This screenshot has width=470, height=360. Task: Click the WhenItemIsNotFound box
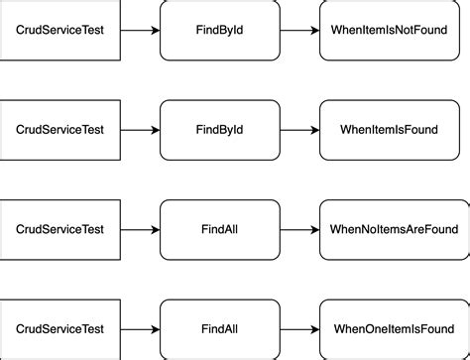[x=393, y=31]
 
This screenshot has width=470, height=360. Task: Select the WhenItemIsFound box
[x=393, y=130]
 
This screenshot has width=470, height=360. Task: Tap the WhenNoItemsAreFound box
[x=393, y=229]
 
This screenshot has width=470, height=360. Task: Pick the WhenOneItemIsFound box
[x=393, y=328]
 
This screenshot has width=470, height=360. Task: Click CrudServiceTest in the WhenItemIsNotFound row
[x=59, y=31]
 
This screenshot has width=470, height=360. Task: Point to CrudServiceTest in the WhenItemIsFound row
[x=59, y=130]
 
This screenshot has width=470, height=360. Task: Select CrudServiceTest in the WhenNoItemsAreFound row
[x=59, y=229]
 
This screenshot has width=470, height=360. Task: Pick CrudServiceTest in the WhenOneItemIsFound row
[x=59, y=328]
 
